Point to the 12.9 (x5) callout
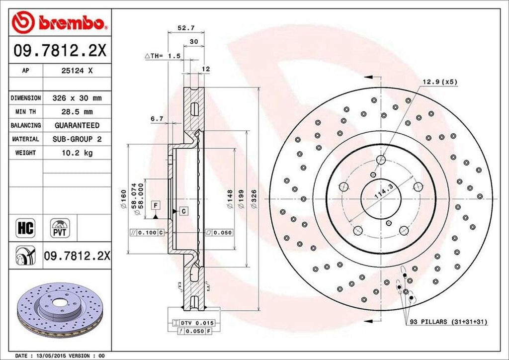point(439,81)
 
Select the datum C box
point(183,211)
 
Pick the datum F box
point(156,205)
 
